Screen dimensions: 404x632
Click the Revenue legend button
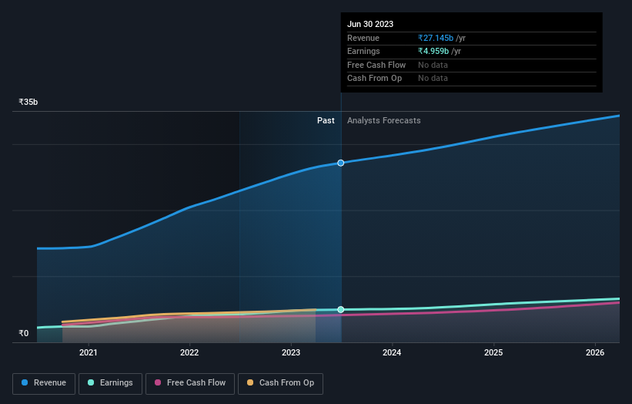point(44,383)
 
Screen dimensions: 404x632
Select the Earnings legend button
point(110,383)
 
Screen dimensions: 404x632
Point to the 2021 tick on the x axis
point(89,353)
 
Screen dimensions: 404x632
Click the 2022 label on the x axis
point(189,353)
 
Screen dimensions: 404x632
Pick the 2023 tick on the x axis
point(291,353)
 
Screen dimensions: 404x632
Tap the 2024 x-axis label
point(392,353)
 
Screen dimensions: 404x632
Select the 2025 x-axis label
point(493,353)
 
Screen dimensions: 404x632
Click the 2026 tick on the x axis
point(594,353)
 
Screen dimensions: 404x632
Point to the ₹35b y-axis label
point(28,102)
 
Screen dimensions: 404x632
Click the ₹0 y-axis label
point(24,334)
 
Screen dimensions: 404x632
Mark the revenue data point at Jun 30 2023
point(341,163)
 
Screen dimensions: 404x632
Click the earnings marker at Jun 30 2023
point(341,309)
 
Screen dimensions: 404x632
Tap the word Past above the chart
point(326,120)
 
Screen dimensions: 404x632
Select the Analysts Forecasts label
point(383,120)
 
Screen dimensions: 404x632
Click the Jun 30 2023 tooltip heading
point(370,24)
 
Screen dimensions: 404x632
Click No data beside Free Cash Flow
point(433,66)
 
